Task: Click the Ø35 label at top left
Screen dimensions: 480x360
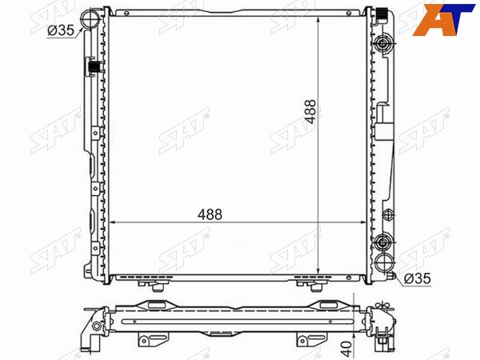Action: click(x=61, y=30)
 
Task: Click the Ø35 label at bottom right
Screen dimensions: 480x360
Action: click(x=417, y=278)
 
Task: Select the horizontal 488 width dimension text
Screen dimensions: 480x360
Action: click(x=210, y=214)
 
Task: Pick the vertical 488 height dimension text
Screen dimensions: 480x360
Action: click(x=310, y=111)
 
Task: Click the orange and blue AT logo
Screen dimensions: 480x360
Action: click(x=443, y=19)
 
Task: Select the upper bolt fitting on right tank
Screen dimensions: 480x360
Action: click(x=383, y=45)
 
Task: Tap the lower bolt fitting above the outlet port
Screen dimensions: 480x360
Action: click(x=383, y=242)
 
